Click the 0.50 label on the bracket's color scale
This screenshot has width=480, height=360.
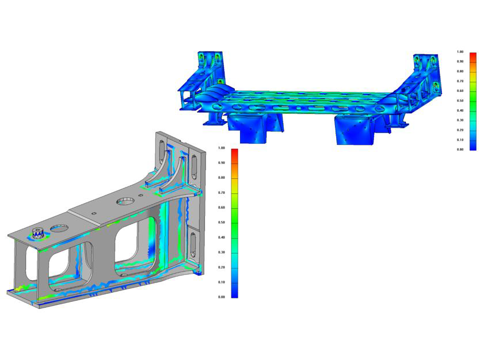(221, 223)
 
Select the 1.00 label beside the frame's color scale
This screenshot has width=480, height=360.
(460, 52)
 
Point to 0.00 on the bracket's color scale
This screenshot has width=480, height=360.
(221, 297)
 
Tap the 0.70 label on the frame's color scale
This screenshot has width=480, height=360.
(460, 81)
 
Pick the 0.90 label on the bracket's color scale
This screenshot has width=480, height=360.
(221, 163)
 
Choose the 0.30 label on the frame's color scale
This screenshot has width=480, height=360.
(460, 120)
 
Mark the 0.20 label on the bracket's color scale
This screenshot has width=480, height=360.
(221, 267)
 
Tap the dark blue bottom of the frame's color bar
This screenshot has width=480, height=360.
(473, 145)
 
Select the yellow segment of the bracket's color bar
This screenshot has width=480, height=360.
(234, 186)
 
